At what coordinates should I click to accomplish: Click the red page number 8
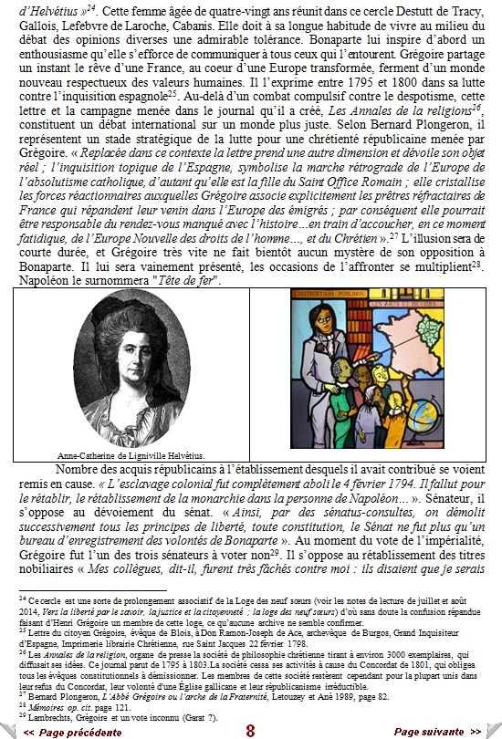pyautogui.click(x=250, y=731)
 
